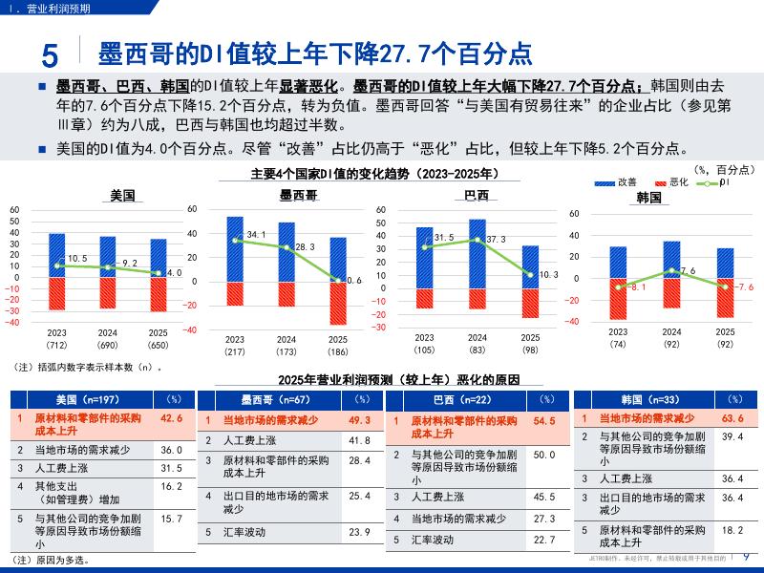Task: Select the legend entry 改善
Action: (x=626, y=181)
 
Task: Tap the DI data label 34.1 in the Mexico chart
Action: (x=256, y=234)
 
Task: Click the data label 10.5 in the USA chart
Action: (x=77, y=259)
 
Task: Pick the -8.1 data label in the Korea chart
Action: (x=637, y=286)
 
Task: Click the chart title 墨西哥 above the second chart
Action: (x=298, y=195)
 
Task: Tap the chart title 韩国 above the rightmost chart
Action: (x=649, y=198)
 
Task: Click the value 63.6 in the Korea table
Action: (x=732, y=418)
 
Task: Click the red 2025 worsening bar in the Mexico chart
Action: (x=338, y=304)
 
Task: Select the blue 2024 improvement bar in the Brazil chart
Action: (x=477, y=254)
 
